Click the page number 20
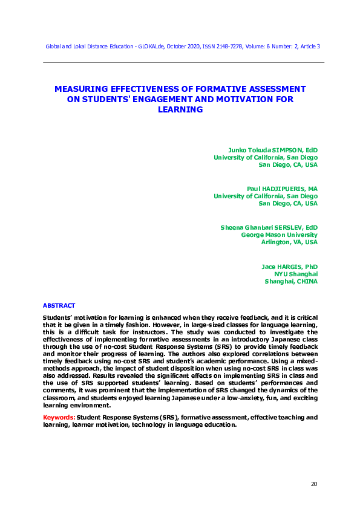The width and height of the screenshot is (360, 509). [313, 484]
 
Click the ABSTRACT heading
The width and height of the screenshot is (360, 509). [59, 305]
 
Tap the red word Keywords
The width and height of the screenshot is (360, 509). [58, 417]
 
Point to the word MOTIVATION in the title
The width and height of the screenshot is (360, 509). [244, 99]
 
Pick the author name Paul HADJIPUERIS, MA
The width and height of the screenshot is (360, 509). [283, 189]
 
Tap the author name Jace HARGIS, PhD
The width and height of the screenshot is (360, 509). [289, 266]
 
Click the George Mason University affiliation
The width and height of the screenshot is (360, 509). [279, 235]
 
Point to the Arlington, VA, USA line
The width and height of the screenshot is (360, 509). [289, 242]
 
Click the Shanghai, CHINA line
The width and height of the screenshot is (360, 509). [291, 281]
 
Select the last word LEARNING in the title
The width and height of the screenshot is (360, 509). [180, 109]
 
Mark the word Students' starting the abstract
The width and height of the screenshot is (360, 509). [57, 318]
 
